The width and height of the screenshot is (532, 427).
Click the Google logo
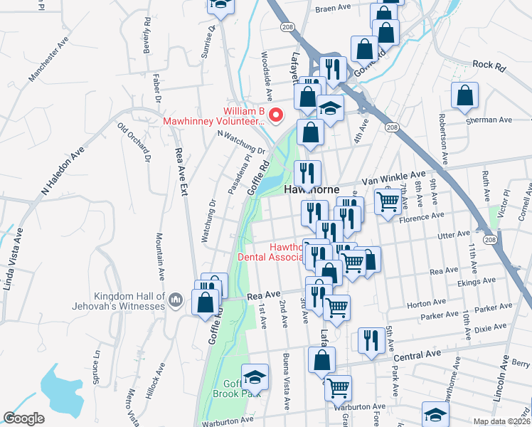coord(23,418)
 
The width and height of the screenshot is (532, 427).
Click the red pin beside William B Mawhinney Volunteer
coord(279,115)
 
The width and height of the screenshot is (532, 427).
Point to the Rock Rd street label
coord(488,65)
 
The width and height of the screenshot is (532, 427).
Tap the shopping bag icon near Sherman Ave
coord(464,97)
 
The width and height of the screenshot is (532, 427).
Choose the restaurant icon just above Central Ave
coord(371,341)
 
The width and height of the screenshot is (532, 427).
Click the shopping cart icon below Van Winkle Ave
coord(388,201)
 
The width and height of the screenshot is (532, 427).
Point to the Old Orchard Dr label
coord(134,141)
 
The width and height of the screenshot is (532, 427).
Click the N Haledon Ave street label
coord(63,171)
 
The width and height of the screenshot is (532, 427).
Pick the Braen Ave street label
coord(334,8)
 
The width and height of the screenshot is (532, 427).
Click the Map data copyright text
coord(502,421)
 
